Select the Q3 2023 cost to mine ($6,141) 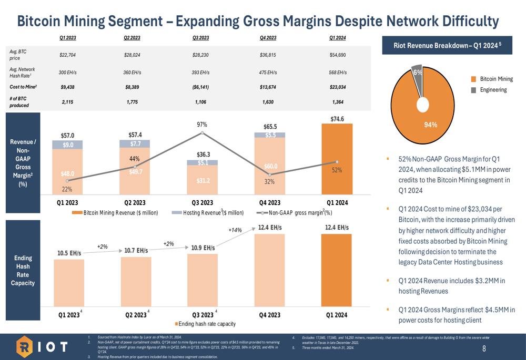coord(201,87)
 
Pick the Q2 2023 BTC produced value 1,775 coord(131,102)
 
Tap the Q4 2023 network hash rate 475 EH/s coord(269,72)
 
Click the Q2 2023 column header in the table coord(131,38)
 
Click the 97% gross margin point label coord(202,125)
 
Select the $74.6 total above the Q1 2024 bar coord(337,119)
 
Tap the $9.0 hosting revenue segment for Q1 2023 coord(68,145)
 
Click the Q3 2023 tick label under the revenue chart coord(202,202)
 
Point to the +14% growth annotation coord(235,230)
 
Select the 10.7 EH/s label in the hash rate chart coord(136,251)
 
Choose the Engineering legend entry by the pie coord(492,90)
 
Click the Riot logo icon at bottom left coord(25,347)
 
